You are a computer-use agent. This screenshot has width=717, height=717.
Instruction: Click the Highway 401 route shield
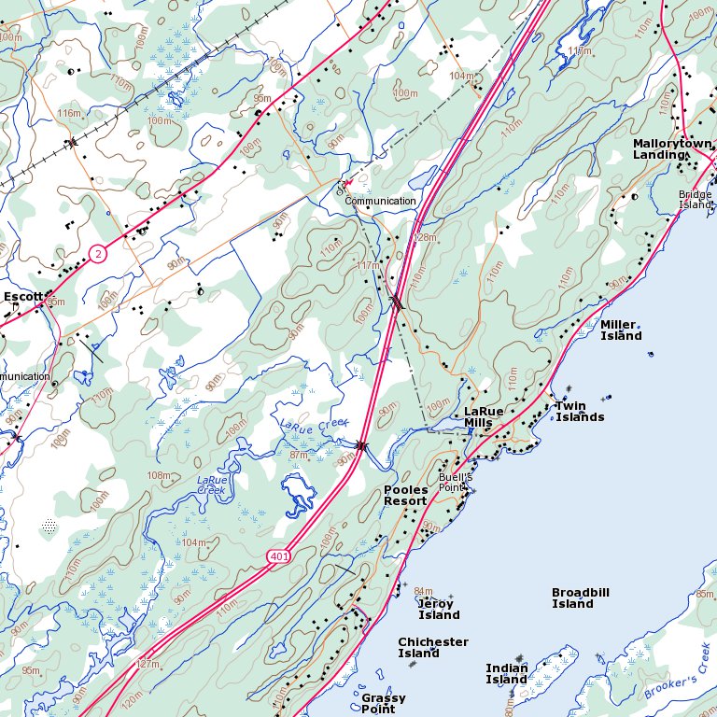click(x=278, y=556)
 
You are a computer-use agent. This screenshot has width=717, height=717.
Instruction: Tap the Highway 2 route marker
click(x=99, y=253)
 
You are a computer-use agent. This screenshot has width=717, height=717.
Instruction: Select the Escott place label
click(x=22, y=297)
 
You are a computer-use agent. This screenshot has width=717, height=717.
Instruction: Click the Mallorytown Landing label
click(x=672, y=148)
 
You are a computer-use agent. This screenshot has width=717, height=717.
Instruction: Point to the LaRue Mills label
click(x=484, y=416)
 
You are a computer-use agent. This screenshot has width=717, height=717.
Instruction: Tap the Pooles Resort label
click(x=405, y=495)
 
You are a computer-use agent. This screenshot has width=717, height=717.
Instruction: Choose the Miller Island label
click(x=621, y=330)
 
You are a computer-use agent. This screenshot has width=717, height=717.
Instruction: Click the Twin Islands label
click(x=579, y=411)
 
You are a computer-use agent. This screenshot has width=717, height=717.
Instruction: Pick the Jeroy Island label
click(x=438, y=609)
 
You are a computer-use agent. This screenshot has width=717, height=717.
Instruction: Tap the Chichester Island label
click(x=432, y=647)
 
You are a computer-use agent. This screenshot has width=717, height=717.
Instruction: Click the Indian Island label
click(x=506, y=673)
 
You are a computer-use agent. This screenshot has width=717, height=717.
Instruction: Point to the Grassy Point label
click(x=384, y=703)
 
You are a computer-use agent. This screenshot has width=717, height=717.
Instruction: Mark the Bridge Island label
click(x=695, y=199)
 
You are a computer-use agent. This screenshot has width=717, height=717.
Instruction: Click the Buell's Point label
click(x=457, y=482)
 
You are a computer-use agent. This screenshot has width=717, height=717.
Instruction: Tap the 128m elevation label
click(x=425, y=238)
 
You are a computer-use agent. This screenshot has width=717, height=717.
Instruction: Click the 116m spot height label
click(x=69, y=113)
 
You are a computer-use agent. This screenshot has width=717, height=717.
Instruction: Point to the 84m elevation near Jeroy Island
click(x=423, y=591)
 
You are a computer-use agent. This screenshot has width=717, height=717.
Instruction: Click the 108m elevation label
click(x=160, y=475)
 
